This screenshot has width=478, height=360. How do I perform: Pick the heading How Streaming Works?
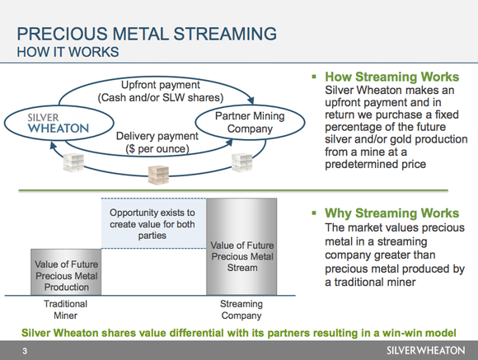click(x=392, y=77)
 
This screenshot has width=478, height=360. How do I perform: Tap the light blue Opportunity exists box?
click(x=152, y=222)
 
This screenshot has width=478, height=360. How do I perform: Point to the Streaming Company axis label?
click(x=241, y=310)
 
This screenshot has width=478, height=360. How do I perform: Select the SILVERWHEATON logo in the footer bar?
click(x=426, y=350)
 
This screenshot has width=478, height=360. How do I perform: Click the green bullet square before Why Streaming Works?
click(x=314, y=213)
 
